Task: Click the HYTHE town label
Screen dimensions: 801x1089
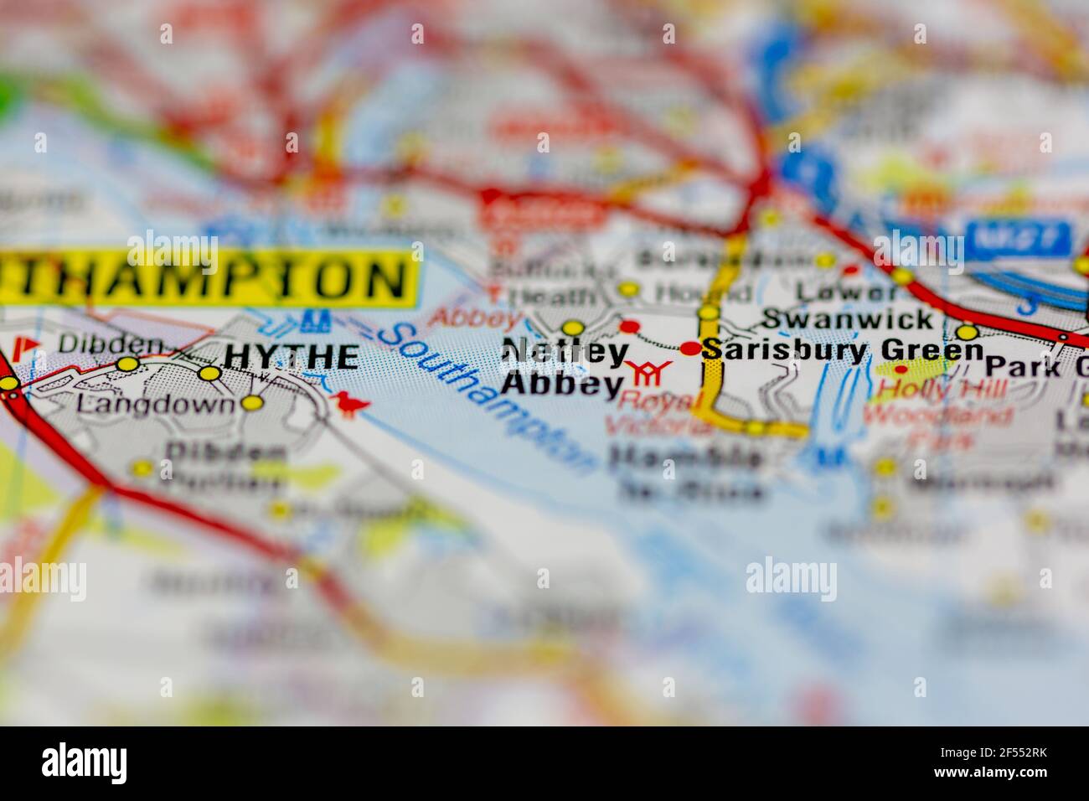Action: [x=292, y=358]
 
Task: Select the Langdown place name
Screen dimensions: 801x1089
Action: [x=155, y=405]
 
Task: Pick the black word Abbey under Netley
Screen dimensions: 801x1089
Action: [x=562, y=384]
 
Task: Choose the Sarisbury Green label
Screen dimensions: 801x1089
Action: [x=843, y=349]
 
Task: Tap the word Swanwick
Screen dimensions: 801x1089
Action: [x=848, y=318]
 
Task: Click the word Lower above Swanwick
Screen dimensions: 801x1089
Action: [x=847, y=291]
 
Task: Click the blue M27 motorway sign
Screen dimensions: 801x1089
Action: [x=1018, y=237]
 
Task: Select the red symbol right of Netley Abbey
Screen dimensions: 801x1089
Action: [x=652, y=371]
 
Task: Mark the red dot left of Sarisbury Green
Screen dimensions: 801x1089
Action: [x=689, y=348]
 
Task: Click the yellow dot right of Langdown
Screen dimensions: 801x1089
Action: [x=251, y=404]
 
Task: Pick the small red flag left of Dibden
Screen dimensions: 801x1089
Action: [x=33, y=344]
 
